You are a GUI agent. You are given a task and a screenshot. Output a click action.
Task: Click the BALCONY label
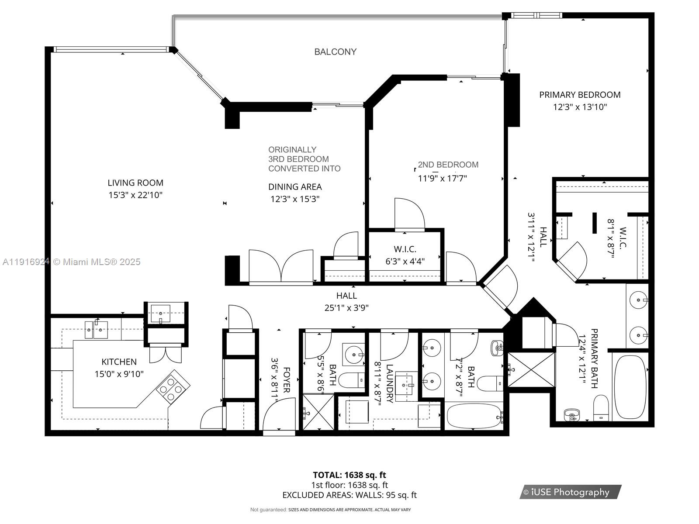335,52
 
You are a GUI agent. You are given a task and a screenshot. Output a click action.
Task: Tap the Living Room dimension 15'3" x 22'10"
135,195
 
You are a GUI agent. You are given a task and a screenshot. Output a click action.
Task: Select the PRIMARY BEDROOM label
580,95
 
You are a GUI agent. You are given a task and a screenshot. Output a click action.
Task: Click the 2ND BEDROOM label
448,165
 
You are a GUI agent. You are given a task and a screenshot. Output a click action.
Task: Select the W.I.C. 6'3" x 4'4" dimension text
405,262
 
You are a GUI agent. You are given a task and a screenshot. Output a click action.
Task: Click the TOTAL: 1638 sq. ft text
349,475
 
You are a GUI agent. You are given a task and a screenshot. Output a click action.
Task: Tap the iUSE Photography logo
570,492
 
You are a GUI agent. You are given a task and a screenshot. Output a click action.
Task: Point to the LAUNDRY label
389,383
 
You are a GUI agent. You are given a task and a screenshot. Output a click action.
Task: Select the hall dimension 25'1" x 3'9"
346,308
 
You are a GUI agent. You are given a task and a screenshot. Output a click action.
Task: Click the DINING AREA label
295,187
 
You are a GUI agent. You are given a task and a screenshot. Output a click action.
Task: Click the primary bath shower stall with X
531,369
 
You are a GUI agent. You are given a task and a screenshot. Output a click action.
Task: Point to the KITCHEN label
119,362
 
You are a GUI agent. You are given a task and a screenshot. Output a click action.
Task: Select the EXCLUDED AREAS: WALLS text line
349,495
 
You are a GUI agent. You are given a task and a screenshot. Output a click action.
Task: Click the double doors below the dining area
281,267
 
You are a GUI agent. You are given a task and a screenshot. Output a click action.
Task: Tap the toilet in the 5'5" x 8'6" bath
352,380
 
